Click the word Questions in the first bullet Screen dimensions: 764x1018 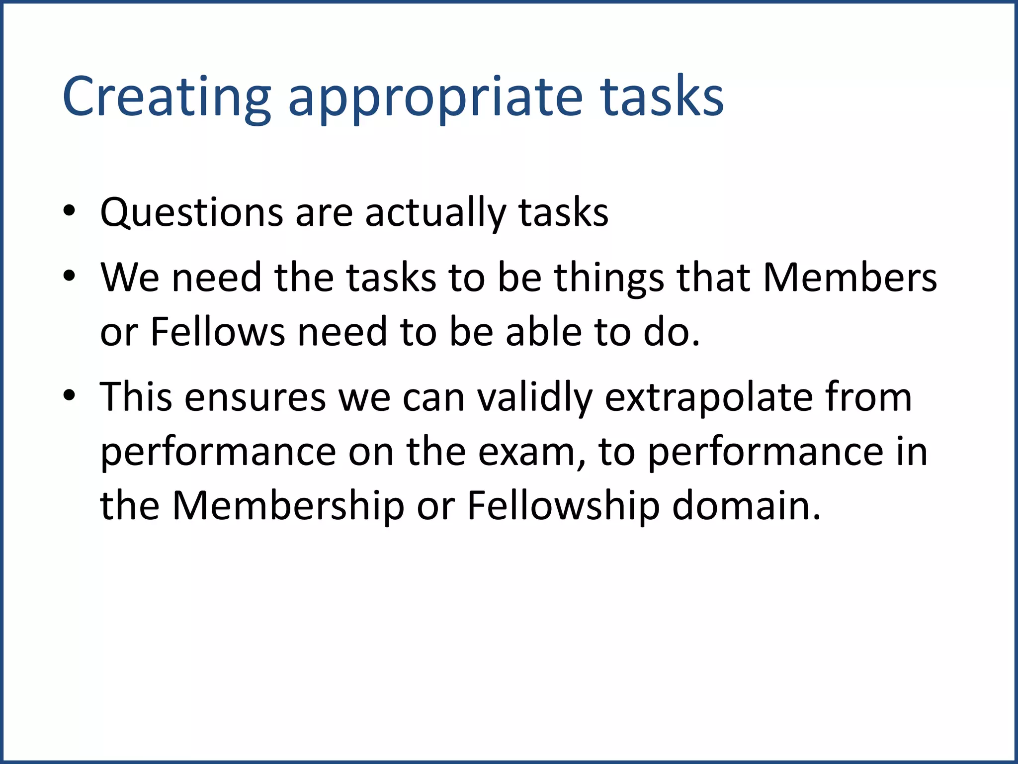pyautogui.click(x=191, y=213)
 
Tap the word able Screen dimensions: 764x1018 pyautogui.click(x=544, y=332)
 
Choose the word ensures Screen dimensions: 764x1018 pyautogui.click(x=255, y=397)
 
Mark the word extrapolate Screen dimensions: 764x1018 pyautogui.click(x=708, y=397)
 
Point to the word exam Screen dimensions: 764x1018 pyautogui.click(x=531, y=452)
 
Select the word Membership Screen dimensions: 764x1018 pyautogui.click(x=288, y=506)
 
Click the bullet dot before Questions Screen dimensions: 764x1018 pyautogui.click(x=69, y=211)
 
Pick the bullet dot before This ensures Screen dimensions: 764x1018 pyautogui.click(x=69, y=395)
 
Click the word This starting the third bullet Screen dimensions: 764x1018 pyautogui.click(x=136, y=397)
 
